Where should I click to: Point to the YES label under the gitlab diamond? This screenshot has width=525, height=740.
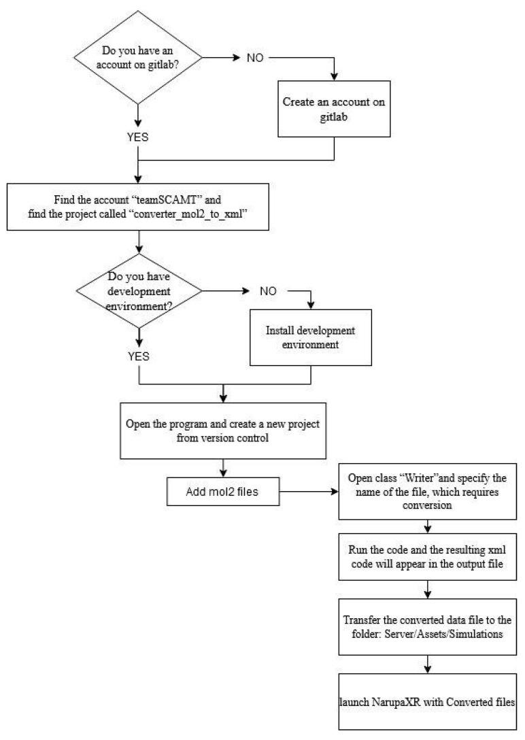(x=139, y=137)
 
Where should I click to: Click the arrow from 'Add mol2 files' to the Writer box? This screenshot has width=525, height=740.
(x=307, y=490)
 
